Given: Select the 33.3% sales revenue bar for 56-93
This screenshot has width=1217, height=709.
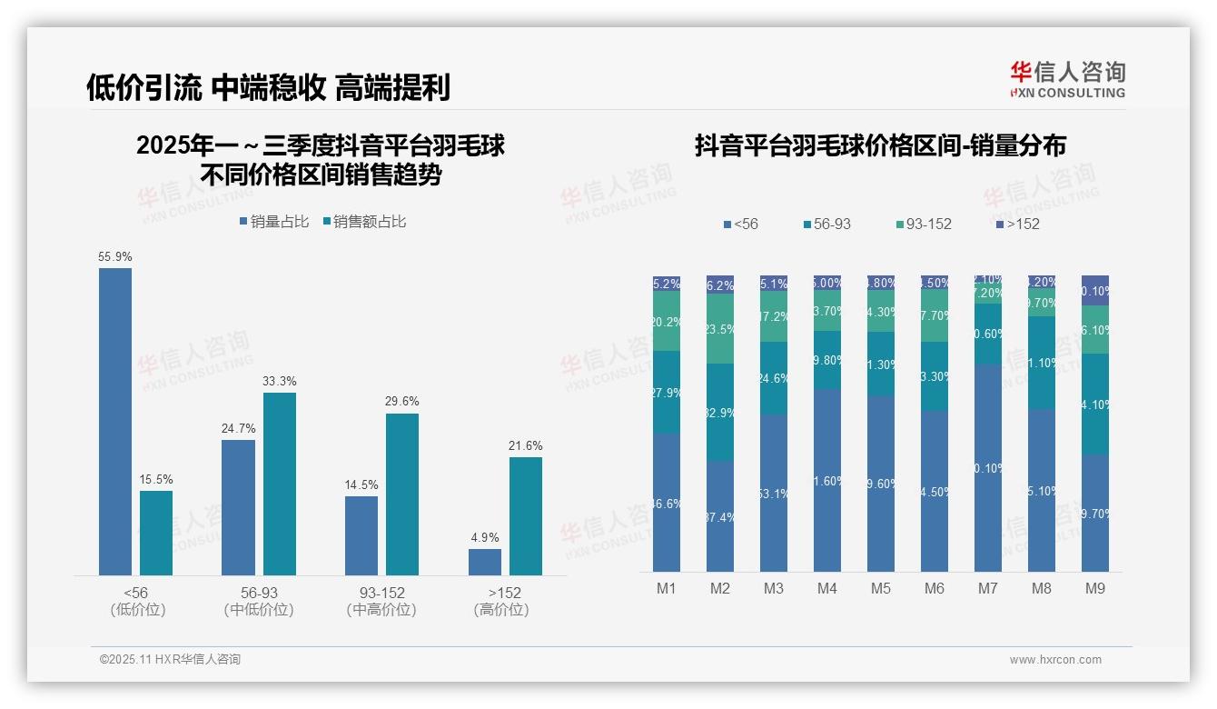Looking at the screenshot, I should pos(280,484).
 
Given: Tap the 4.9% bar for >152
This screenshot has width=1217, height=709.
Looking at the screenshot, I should pos(485,562).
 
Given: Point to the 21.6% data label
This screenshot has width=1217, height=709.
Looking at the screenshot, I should pos(525,446).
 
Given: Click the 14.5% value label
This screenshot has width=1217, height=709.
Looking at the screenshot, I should pos(361,485).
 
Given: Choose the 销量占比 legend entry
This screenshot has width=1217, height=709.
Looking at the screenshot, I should pos(274,222).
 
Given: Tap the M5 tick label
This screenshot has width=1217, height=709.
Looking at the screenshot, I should pos(880,589).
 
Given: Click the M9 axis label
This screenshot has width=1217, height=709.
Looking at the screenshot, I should pos(1094,589).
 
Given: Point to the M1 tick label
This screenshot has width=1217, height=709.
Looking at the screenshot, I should pos(667,589).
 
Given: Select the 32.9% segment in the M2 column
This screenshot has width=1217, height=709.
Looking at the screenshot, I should pos(720,413).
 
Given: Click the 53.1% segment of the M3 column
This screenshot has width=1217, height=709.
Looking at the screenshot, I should pos(774,493).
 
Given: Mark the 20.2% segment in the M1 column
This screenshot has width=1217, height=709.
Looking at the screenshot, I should pos(667,321).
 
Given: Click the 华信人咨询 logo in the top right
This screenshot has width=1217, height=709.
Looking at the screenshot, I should pos(1067,79).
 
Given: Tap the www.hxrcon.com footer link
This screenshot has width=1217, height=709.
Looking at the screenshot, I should pos(1055,660).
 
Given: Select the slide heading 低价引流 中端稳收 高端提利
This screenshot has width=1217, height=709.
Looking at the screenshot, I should pos(268,88).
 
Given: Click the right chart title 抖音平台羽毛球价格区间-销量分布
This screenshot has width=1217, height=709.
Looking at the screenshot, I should pos(880,146).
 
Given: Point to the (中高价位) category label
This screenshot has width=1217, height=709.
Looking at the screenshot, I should pos(381,610).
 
